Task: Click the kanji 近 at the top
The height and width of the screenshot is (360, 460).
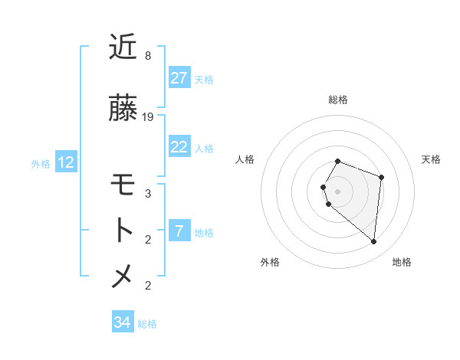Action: pos(123,47)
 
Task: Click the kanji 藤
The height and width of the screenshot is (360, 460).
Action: pos(123,109)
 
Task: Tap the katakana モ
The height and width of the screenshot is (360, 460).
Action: pos(123,186)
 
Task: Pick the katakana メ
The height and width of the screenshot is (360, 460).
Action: pos(123,276)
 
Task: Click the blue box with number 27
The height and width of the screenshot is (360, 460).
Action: pos(179,78)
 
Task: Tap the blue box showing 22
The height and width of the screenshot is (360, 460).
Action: pos(179,147)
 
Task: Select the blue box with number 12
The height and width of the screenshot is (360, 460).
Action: pos(66,162)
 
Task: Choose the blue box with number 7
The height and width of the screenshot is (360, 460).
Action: pos(179,231)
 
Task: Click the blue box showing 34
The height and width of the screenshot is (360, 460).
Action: pos(123,322)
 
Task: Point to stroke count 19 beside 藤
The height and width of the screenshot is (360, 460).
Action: pos(148,117)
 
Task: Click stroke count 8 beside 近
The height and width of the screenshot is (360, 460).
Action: pos(148,56)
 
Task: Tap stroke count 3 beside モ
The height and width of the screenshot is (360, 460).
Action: pos(148,194)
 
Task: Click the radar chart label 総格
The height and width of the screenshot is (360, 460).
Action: pos(338,100)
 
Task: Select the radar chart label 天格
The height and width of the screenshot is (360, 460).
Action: pos(431,159)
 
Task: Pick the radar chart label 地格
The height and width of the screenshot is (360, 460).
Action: pos(402,262)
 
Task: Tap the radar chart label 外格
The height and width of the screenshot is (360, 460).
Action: pos(270,262)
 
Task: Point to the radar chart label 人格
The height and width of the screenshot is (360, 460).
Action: pos(245,159)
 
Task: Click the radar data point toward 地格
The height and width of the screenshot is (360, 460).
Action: pos(374,242)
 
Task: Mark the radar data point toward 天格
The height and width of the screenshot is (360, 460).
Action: pos(381,178)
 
